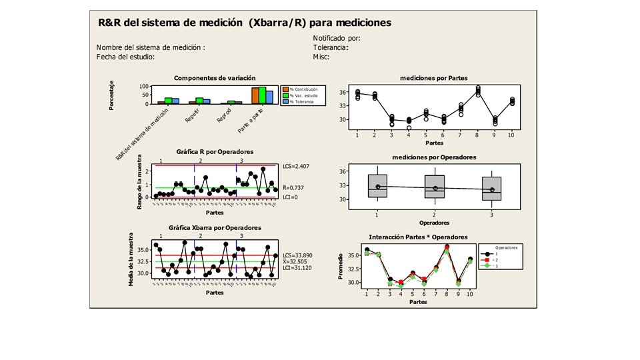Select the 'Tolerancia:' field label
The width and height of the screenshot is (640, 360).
coord(331,48)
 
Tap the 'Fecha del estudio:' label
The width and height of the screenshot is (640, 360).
coord(126,57)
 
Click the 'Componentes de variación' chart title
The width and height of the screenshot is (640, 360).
coord(205,78)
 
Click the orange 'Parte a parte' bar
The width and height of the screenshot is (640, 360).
coord(255,95)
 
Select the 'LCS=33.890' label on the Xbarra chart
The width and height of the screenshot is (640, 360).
coord(297,255)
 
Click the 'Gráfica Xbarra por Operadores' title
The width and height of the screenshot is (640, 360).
coord(205,228)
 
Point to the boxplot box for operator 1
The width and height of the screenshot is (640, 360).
coord(377,186)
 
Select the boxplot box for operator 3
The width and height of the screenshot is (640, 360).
coord(492,189)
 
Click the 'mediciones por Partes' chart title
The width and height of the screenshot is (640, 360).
coord(433,78)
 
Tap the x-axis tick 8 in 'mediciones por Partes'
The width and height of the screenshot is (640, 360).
coord(478,135)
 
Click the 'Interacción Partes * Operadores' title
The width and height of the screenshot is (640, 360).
coord(418,237)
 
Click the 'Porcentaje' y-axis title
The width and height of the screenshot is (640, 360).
coord(112,94)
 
